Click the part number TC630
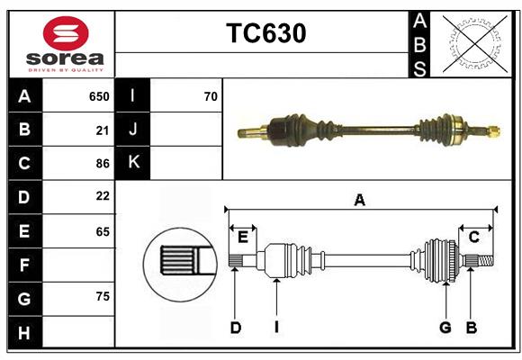tap(265, 33)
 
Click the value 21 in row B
tap(102, 130)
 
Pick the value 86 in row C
tap(102, 164)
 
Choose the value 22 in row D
tap(102, 195)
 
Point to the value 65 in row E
tap(102, 231)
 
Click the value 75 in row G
tap(102, 297)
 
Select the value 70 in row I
tap(211, 96)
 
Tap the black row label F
tap(24, 265)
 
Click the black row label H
tap(24, 332)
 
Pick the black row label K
tap(133, 163)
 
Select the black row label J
tap(133, 130)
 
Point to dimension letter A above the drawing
tap(359, 200)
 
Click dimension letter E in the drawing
tap(243, 237)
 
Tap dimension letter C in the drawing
tap(473, 237)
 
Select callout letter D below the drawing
tap(235, 328)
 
